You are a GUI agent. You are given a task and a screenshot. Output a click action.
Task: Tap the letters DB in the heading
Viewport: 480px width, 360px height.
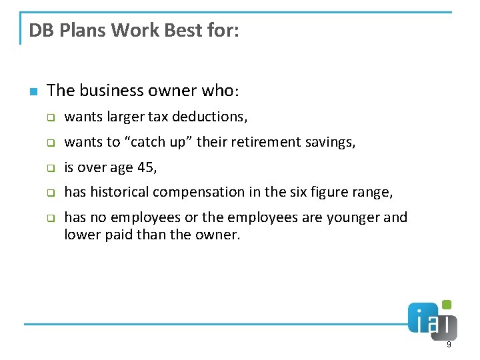tap(39, 31)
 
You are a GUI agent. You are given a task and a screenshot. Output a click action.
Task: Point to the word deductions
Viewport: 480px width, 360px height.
tap(209, 117)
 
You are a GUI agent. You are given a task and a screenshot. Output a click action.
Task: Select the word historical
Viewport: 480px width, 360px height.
tap(119, 192)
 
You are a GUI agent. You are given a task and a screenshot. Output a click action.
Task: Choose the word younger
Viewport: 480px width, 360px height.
tap(357, 217)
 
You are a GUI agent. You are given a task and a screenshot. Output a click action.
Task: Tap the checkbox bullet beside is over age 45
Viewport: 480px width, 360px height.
tap(49, 168)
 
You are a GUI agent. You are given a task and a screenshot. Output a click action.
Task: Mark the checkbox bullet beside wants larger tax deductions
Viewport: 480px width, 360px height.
tap(49, 117)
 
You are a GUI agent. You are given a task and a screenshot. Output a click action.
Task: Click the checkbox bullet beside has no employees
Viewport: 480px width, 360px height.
tap(49, 218)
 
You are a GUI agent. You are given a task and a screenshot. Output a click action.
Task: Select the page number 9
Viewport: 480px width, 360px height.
tap(449, 345)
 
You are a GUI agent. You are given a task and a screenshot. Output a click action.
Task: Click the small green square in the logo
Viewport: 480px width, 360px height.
tap(447, 305)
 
